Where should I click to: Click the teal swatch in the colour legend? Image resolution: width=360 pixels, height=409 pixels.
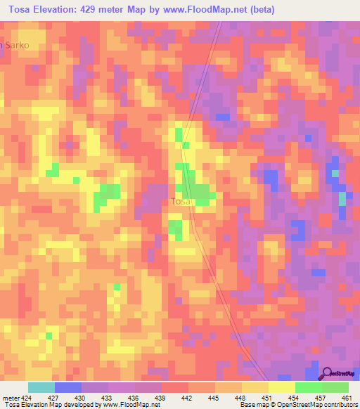41,387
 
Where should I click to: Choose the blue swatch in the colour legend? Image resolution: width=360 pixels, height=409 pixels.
67,387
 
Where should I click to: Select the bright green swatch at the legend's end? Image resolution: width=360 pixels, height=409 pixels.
335,387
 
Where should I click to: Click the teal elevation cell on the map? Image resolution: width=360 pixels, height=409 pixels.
342,199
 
